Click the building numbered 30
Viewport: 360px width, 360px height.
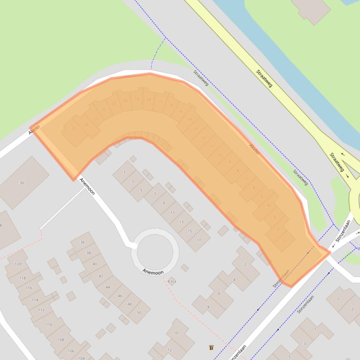pos(22,183)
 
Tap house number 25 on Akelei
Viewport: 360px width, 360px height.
pos(73,129)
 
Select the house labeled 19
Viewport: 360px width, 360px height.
pos(137,99)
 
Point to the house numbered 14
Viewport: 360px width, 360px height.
pos(189,119)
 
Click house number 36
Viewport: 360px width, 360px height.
pos(82,242)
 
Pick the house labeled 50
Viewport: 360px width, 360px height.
pos(138,312)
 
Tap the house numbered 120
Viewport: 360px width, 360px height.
pos(18,264)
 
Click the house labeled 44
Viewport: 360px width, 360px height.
pos(108,287)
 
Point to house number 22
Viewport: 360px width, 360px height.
pos(104,110)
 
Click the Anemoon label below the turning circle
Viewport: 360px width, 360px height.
pos(153,272)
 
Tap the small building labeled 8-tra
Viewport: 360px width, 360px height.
pos(172,281)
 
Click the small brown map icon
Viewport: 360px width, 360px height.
pos(211,347)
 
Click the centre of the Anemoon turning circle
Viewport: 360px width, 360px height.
pos(155,251)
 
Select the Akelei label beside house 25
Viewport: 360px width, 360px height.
pos(34,129)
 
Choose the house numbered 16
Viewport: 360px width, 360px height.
pos(171,105)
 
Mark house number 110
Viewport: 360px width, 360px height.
pos(49,324)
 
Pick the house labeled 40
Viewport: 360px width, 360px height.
pos(95,264)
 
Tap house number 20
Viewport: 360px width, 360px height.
pos(125,101)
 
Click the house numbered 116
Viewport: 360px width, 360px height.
pos(29,288)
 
